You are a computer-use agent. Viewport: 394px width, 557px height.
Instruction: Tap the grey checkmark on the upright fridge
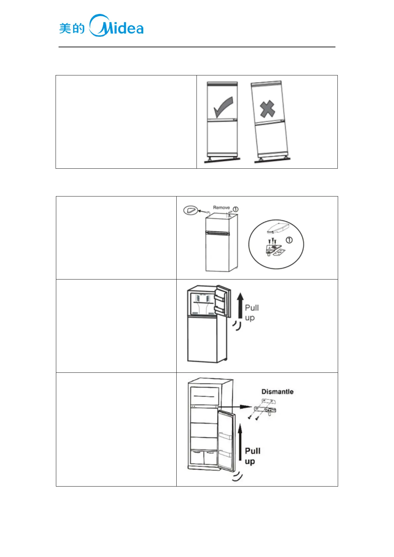coord(223,107)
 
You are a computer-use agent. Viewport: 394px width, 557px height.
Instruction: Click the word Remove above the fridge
coord(221,208)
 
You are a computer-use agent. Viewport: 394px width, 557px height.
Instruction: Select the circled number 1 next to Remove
coord(236,209)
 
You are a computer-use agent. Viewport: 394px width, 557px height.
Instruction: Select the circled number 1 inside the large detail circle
coord(289,240)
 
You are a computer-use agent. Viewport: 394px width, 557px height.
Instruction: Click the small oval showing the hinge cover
coord(191,210)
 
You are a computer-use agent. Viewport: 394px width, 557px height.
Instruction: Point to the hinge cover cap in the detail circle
coord(278,228)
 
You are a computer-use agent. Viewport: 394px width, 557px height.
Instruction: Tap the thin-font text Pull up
coord(251,313)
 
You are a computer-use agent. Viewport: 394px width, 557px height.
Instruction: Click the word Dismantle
coord(277,392)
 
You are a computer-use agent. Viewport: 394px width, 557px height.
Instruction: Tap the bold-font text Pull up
coord(252,456)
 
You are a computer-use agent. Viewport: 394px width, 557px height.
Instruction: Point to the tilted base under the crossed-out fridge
coord(272,160)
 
